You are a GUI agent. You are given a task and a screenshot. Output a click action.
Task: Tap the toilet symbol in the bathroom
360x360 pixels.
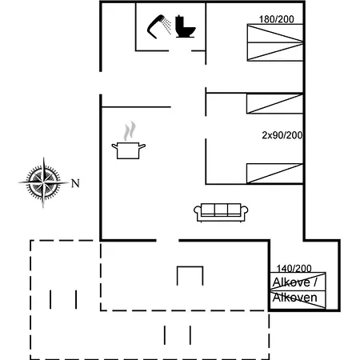(x=185, y=26)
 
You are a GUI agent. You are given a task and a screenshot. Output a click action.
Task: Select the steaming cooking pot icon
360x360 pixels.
(x=129, y=141)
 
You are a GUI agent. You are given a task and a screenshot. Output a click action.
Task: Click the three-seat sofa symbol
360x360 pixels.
(x=221, y=213)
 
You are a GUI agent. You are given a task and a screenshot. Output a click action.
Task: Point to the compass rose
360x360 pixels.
(x=43, y=182)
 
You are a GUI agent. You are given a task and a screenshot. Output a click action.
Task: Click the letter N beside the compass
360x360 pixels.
(x=75, y=183)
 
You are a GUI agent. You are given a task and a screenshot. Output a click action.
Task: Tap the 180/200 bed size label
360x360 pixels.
(x=277, y=19)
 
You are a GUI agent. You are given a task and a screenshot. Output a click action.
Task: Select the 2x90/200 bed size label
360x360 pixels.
(x=282, y=135)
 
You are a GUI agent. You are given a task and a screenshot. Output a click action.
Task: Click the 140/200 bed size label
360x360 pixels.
(x=294, y=268)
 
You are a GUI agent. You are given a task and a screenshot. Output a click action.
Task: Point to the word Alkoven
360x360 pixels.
(x=294, y=298)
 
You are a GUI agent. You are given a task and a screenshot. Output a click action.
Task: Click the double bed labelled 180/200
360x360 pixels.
(x=275, y=42)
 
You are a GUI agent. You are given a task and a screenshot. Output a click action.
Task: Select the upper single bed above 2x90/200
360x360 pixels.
(x=275, y=104)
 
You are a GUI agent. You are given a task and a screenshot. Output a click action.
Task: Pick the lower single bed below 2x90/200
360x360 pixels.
(x=275, y=174)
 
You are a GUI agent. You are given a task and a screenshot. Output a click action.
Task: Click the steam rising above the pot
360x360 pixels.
(x=130, y=131)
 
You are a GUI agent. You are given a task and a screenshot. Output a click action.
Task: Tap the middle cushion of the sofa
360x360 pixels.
(x=221, y=210)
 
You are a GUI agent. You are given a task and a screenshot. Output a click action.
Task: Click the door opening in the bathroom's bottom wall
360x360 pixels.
(x=180, y=50)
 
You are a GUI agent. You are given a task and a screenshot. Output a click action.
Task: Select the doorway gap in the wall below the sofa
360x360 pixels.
(x=167, y=241)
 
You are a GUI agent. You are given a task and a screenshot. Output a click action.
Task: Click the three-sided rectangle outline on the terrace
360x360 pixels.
(x=190, y=266)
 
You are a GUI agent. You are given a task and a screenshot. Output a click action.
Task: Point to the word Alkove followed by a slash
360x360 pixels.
(x=294, y=282)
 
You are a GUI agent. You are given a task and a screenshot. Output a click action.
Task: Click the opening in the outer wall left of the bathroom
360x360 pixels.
(x=101, y=83)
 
